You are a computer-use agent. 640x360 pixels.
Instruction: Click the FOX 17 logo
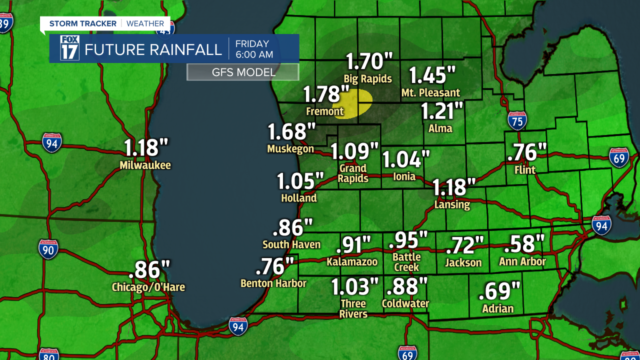(x=69, y=48)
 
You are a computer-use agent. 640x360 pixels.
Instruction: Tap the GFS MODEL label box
(x=243, y=72)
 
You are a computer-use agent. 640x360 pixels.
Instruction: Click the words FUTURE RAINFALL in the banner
(x=153, y=49)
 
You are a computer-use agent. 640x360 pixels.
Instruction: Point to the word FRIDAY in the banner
(x=252, y=44)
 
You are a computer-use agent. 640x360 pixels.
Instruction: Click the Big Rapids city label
(x=368, y=78)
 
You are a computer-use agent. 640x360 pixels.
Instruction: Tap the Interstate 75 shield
(x=517, y=121)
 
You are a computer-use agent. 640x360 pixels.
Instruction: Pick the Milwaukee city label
(x=145, y=165)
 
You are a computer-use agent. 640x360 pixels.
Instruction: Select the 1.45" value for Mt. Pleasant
(x=432, y=75)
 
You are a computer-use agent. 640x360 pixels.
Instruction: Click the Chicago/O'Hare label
(x=148, y=287)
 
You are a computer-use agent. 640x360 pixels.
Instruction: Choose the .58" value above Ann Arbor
(x=523, y=244)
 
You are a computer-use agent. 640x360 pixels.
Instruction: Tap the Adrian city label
(x=497, y=308)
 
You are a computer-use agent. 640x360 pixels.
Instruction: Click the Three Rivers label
(x=353, y=308)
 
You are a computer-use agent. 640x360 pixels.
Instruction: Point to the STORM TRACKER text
(x=82, y=23)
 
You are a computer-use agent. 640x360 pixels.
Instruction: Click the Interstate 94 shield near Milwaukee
(x=51, y=142)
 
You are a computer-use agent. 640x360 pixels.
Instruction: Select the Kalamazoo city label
(x=352, y=261)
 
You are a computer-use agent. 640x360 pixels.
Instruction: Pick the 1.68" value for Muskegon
(x=292, y=132)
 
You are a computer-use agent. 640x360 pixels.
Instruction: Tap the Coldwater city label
(x=405, y=303)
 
